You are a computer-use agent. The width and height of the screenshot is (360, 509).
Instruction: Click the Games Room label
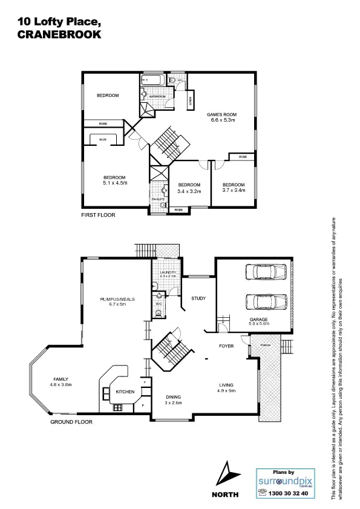tap(221, 114)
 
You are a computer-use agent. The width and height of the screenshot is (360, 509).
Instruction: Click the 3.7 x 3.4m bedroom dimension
tap(234, 191)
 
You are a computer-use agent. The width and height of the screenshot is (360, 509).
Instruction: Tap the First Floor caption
tap(98, 215)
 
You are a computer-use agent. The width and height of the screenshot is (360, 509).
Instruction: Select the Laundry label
tap(168, 273)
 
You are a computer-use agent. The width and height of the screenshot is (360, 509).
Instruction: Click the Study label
tap(198, 298)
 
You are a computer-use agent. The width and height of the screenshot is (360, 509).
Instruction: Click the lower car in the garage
tap(264, 301)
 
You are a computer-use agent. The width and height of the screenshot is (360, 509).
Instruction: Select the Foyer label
tap(226, 346)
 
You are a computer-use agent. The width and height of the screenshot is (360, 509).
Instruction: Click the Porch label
tap(265, 346)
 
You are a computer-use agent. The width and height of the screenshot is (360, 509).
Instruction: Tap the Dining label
tap(174, 398)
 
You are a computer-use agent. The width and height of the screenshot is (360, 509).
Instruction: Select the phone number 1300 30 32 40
tap(287, 493)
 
